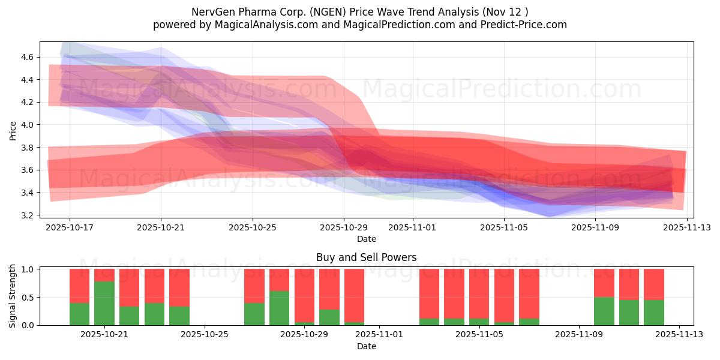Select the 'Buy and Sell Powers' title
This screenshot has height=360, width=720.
366,257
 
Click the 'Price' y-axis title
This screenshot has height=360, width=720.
13,130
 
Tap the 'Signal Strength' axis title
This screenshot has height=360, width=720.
13,296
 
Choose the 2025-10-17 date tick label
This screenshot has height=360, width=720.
70,227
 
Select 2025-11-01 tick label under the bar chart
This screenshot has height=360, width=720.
380,335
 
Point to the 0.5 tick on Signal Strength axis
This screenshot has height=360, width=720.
28,298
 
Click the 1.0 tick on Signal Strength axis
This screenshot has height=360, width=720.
28,269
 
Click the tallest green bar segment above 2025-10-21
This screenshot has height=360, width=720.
104,303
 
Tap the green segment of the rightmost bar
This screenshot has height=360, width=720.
654,313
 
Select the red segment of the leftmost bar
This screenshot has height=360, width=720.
79,286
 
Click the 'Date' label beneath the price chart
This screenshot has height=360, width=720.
366,239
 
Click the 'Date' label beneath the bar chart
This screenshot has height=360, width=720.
366,346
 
